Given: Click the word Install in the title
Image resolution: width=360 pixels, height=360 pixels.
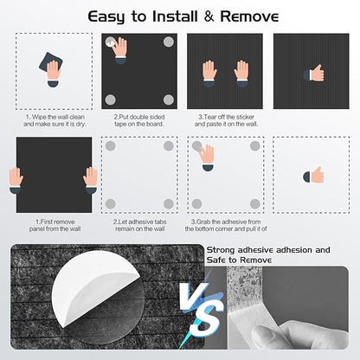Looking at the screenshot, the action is click(176, 16).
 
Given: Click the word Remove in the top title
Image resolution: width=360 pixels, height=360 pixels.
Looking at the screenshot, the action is click(249, 16).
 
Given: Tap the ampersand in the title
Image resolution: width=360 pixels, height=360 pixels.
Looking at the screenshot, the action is click(209, 16).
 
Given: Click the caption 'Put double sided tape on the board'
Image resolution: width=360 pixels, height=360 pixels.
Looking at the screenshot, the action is click(139, 120).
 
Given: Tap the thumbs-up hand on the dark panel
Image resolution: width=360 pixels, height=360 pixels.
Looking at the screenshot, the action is click(314, 74).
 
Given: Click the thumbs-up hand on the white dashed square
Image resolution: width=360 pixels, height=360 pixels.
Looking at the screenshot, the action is click(313, 176).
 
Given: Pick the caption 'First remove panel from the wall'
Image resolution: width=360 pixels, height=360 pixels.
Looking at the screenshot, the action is click(55, 225).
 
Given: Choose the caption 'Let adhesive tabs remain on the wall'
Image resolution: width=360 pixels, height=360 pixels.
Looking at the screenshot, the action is click(140, 225).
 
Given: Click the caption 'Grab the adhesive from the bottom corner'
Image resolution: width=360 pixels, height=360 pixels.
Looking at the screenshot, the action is click(226, 225).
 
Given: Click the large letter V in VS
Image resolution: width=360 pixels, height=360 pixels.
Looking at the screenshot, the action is click(192, 296).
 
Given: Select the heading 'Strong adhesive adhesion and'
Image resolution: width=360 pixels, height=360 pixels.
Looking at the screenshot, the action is click(268, 250).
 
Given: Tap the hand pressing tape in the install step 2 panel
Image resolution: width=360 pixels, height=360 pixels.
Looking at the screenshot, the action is click(119, 50).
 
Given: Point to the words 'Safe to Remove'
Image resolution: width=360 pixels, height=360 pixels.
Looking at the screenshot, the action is click(239, 260).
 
